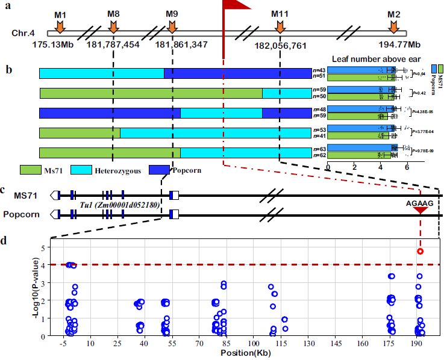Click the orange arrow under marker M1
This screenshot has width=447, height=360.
(59, 26)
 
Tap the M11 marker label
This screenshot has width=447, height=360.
(280, 13)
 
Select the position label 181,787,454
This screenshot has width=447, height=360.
(113, 45)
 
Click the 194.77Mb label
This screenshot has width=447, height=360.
(394, 45)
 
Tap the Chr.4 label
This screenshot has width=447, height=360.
(23, 33)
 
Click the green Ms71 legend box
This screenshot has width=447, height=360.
(30, 170)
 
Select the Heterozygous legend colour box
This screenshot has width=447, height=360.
(80, 170)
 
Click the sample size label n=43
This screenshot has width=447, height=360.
(319, 70)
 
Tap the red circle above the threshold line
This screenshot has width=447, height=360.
(420, 251)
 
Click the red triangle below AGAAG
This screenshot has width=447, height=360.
(420, 211)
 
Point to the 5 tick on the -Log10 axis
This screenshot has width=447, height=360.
(43, 247)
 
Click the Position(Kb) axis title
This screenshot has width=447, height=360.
(245, 354)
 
